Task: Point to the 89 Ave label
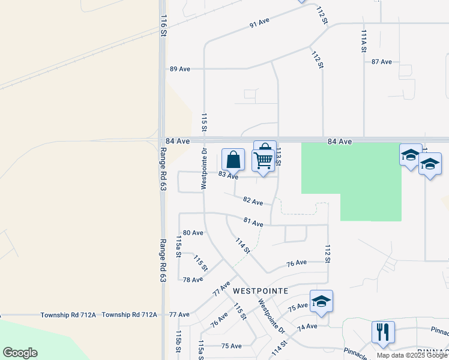point(179,69)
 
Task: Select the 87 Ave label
point(381,62)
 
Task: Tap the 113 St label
point(279,158)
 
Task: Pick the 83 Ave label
point(228,175)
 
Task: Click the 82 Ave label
point(253,201)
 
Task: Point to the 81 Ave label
point(253,223)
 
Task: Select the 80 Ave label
point(193,232)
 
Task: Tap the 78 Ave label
point(193,280)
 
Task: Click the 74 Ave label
point(306,326)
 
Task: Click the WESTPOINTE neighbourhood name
point(261,290)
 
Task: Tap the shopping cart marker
point(263,160)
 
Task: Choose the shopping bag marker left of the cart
point(234,160)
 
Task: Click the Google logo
point(20,353)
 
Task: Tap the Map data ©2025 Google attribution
point(411,355)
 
